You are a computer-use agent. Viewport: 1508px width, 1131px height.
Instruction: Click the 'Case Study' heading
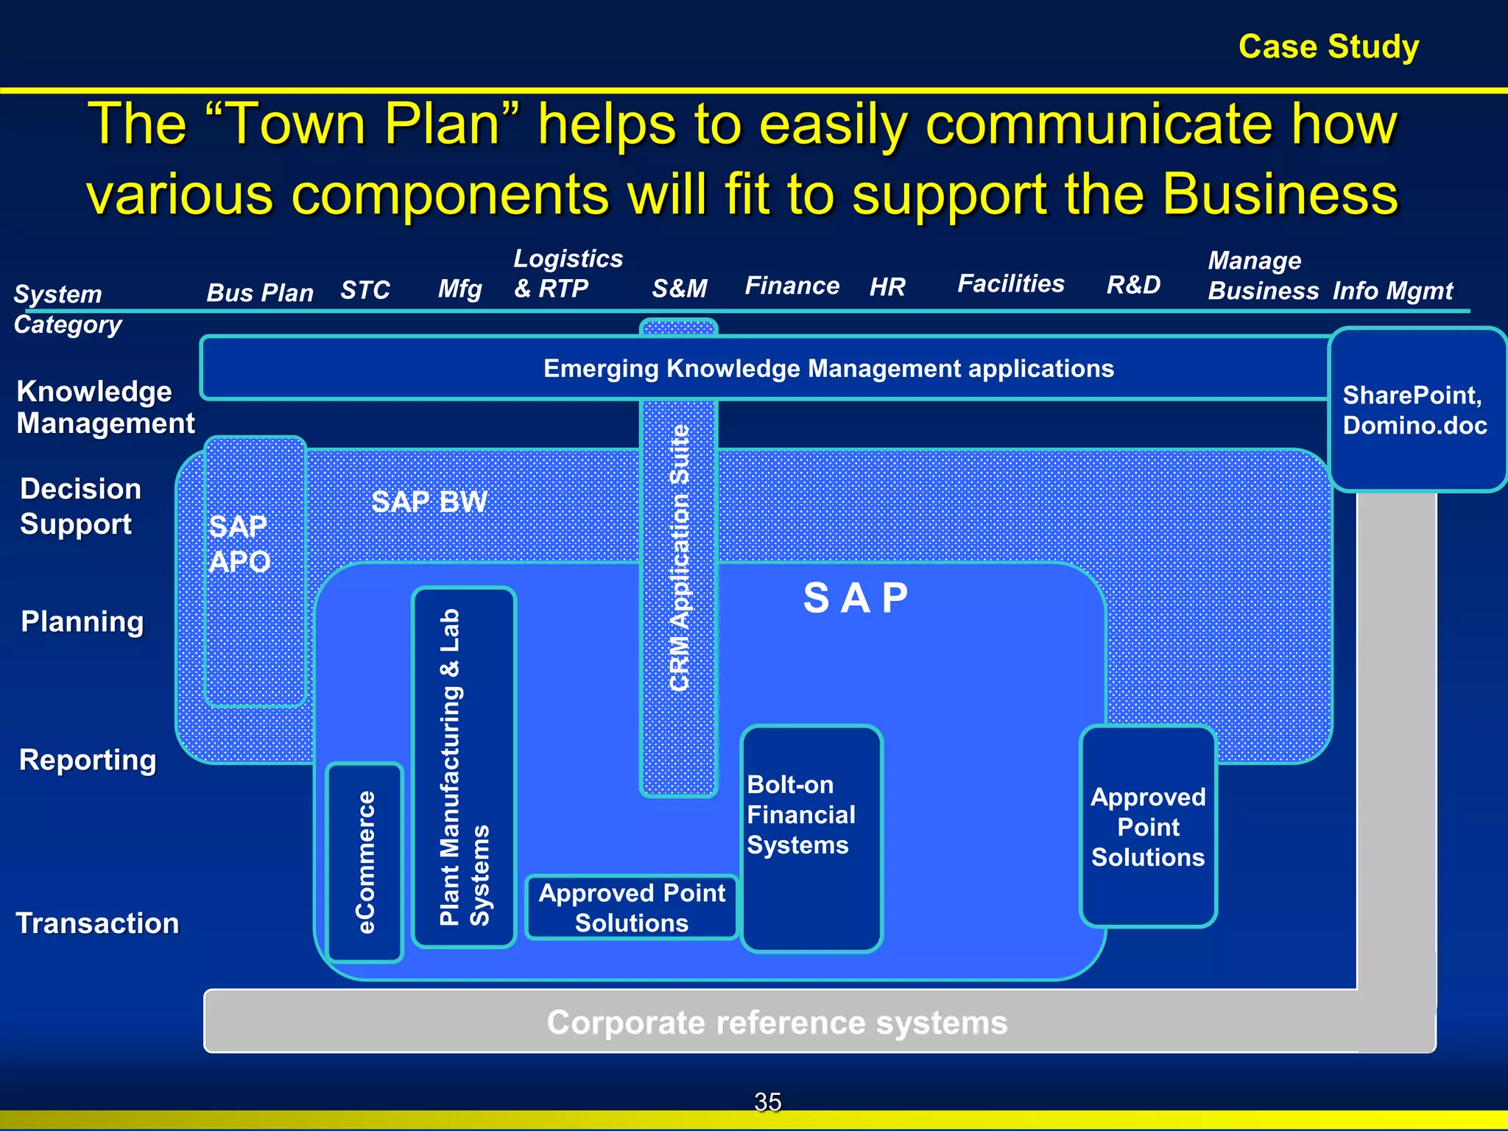[x=1328, y=46]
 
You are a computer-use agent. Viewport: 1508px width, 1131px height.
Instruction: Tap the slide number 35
[x=767, y=1102]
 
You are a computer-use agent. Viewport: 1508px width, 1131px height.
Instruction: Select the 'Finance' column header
[x=792, y=285]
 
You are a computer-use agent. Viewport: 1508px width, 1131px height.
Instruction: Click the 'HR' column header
[x=887, y=286]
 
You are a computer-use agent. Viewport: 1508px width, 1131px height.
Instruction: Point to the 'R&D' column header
[x=1133, y=284]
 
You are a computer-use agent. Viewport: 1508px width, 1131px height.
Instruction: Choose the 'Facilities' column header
[x=1010, y=283]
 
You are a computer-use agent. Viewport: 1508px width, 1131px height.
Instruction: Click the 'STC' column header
[x=364, y=290]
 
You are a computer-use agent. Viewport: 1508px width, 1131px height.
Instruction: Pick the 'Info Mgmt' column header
[x=1392, y=291]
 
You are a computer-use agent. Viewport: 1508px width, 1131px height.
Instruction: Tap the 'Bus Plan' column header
[x=259, y=292]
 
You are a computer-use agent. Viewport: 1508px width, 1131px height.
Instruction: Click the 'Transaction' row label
[x=97, y=923]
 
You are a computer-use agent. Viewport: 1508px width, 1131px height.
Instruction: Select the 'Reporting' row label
[x=88, y=759]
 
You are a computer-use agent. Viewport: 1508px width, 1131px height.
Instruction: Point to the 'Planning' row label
[x=82, y=621]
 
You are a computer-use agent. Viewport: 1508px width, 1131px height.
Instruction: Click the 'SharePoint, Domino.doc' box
[x=1415, y=410]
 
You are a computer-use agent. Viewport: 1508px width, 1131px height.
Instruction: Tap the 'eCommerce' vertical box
[x=364, y=862]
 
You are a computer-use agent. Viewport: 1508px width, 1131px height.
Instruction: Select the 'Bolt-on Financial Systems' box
[x=810, y=838]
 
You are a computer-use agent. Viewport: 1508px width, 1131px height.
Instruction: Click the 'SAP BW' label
[x=429, y=501]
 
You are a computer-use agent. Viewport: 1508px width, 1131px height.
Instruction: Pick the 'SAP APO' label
[x=239, y=543]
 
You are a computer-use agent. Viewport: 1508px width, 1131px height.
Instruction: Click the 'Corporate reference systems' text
[x=777, y=1022]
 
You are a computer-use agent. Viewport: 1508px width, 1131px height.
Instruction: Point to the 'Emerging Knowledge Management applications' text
[x=828, y=368]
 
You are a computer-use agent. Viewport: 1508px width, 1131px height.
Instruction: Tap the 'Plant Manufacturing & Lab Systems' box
[x=463, y=767]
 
